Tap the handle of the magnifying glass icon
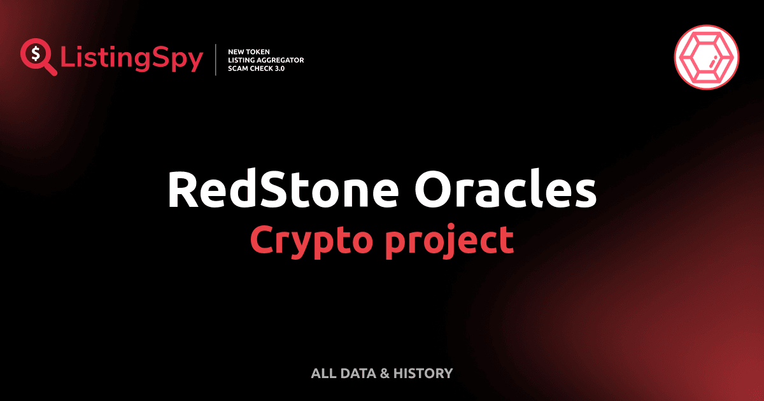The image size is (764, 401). [51, 69]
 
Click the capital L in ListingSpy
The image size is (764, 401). [66, 59]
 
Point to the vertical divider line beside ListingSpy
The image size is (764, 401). [216, 59]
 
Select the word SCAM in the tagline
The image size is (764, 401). [238, 68]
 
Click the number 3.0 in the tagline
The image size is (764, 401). [278, 68]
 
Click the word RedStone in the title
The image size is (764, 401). [283, 190]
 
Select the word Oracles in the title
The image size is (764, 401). [506, 190]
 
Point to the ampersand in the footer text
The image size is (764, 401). [384, 374]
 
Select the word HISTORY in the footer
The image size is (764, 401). [423, 374]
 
